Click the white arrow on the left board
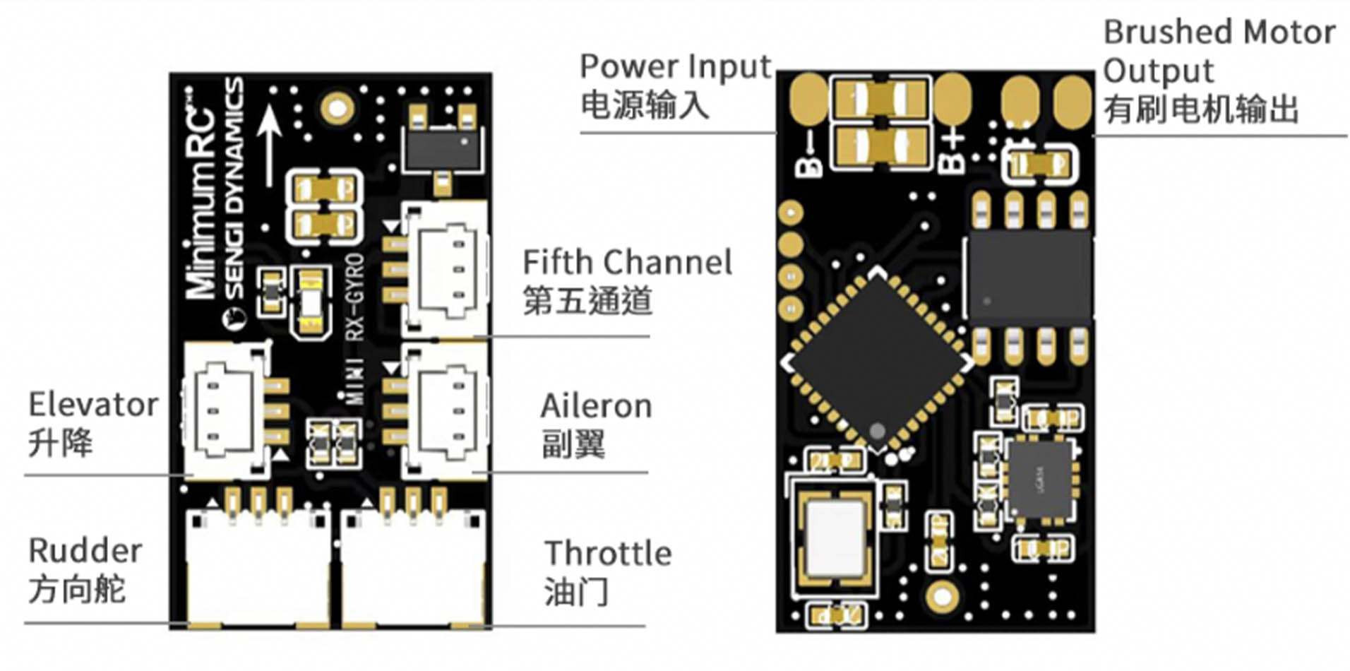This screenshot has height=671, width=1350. [x=269, y=145]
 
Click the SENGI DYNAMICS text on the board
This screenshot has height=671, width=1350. [x=234, y=191]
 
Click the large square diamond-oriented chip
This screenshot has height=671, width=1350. [x=877, y=360]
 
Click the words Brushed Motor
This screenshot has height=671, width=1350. [x=1219, y=32]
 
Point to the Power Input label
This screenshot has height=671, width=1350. [x=674, y=67]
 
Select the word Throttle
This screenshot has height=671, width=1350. [x=608, y=554]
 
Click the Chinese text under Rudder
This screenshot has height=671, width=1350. [x=76, y=589]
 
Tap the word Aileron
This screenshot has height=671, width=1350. [x=595, y=407]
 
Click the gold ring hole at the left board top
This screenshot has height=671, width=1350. [x=337, y=108]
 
